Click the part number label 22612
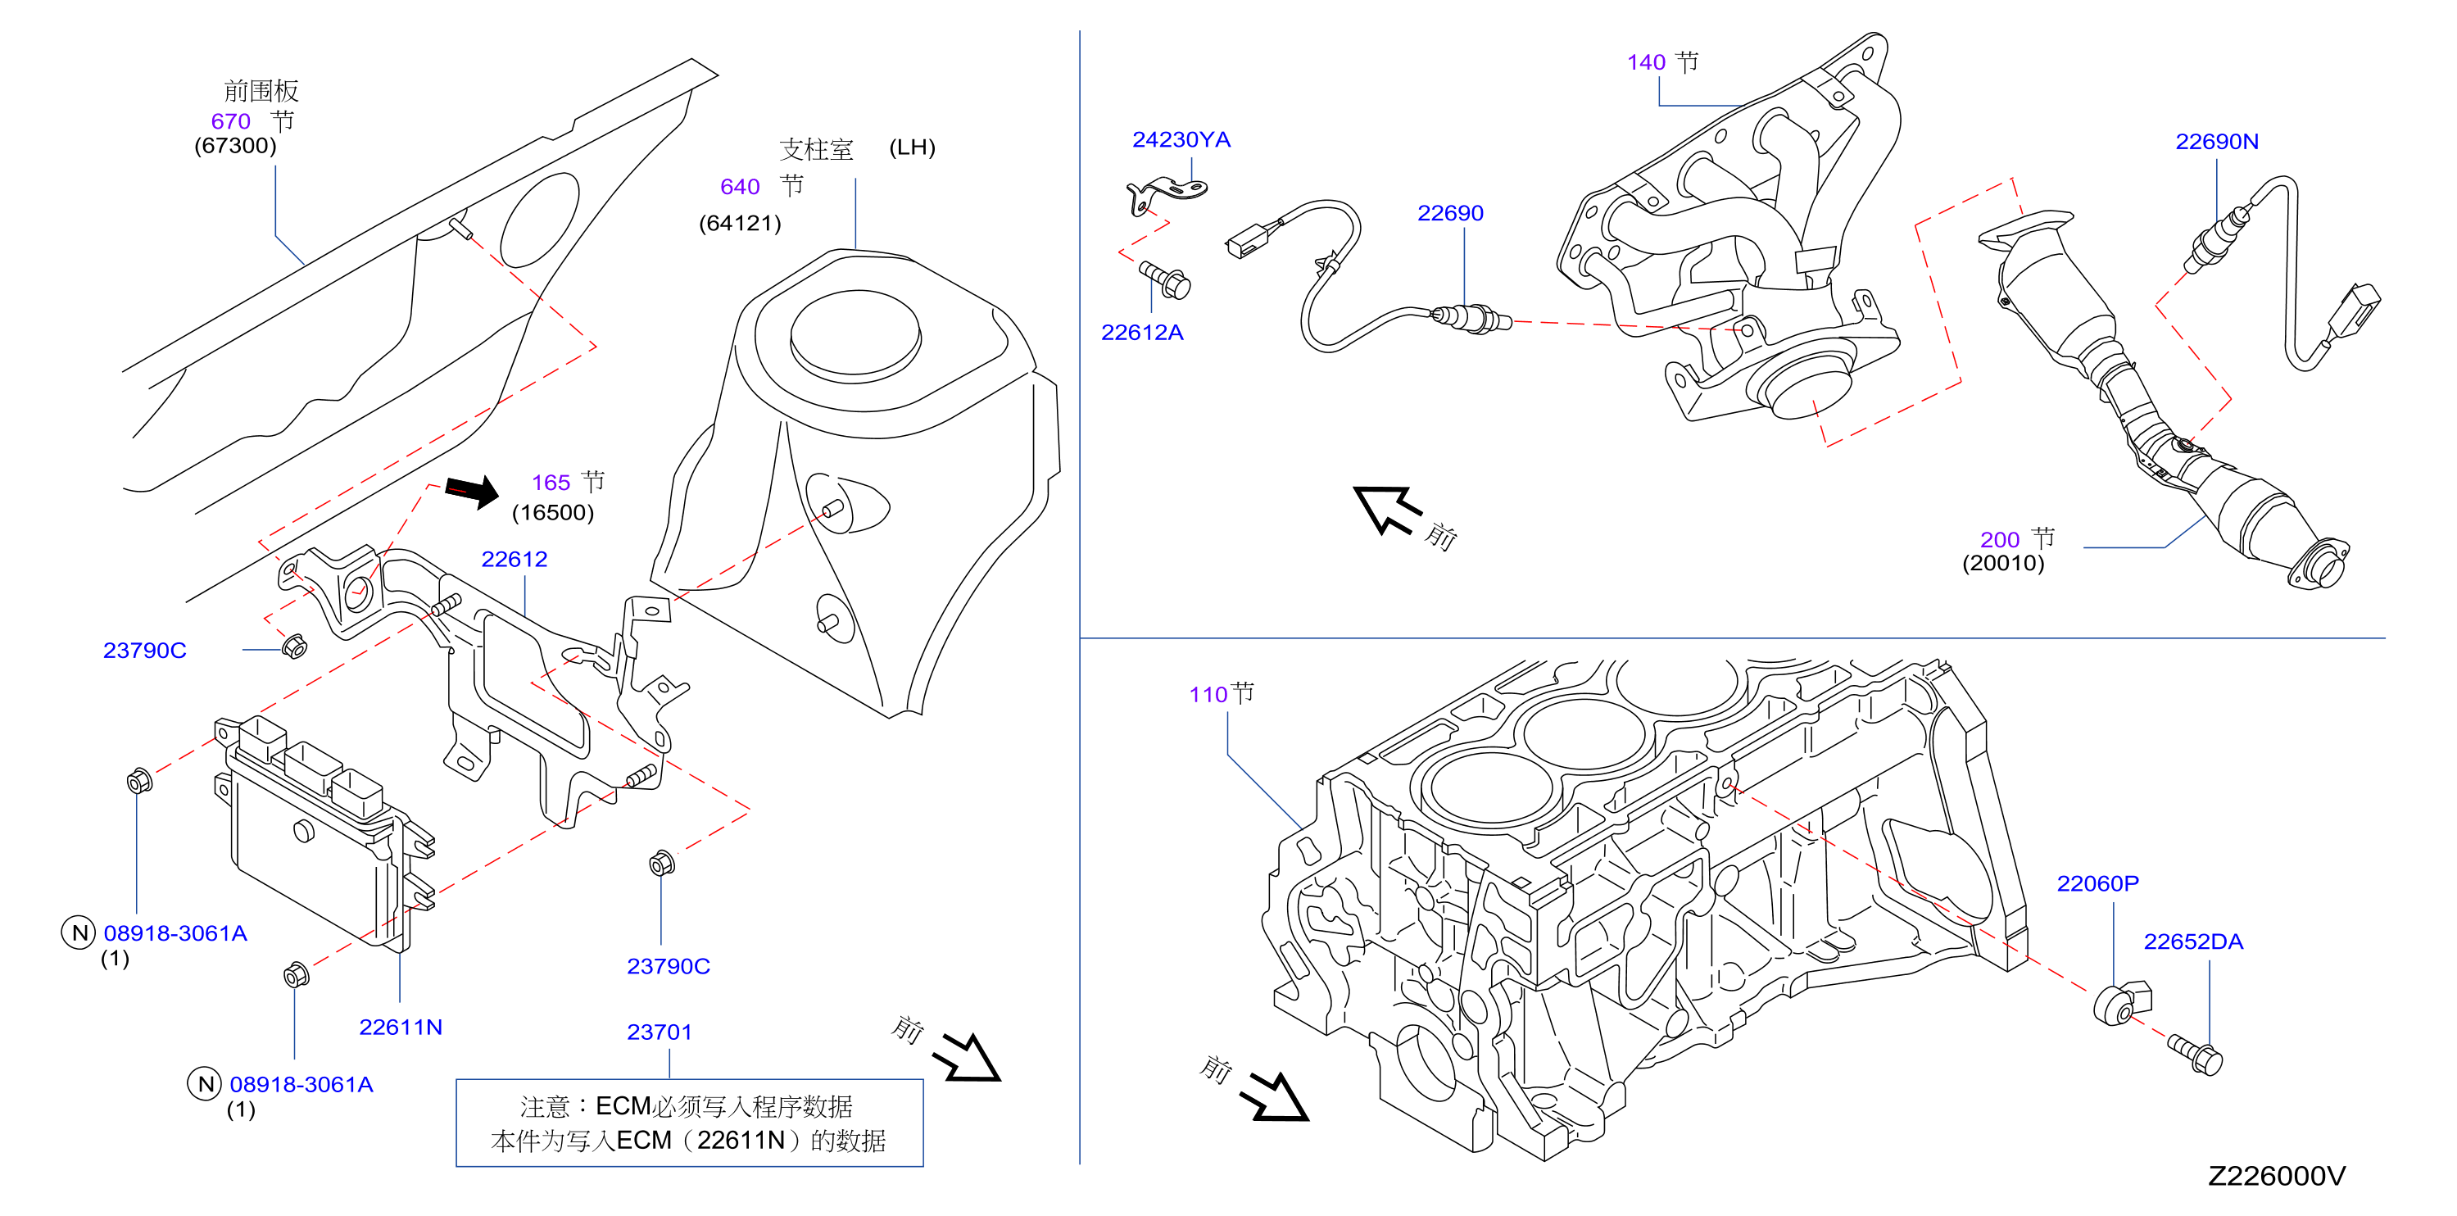pyautogui.click(x=515, y=559)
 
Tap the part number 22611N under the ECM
pyautogui.click(x=401, y=1028)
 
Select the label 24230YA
pyautogui.click(x=1181, y=139)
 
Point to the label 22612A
pyautogui.click(x=1142, y=332)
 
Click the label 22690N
pyautogui.click(x=2217, y=141)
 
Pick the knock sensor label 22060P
pyautogui.click(x=2097, y=883)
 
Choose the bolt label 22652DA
pyautogui.click(x=2194, y=941)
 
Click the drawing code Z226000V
pyautogui.click(x=2277, y=1176)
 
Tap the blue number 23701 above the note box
pyautogui.click(x=659, y=1032)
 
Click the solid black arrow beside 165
pyautogui.click(x=472, y=491)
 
